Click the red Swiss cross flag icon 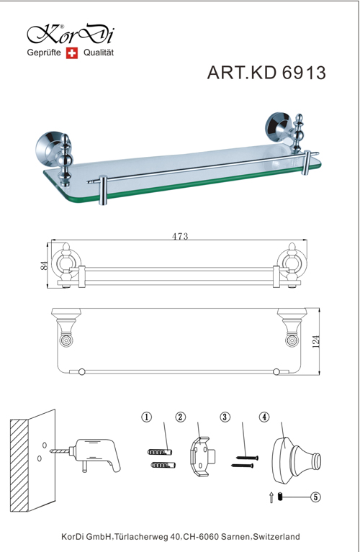[72, 53]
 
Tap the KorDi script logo [71, 35]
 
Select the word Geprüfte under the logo [44, 53]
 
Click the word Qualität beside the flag [99, 53]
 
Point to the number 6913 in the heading [304, 73]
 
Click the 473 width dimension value [180, 236]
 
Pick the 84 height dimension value [44, 265]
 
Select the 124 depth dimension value [316, 341]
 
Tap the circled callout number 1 [147, 417]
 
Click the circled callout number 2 [180, 417]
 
